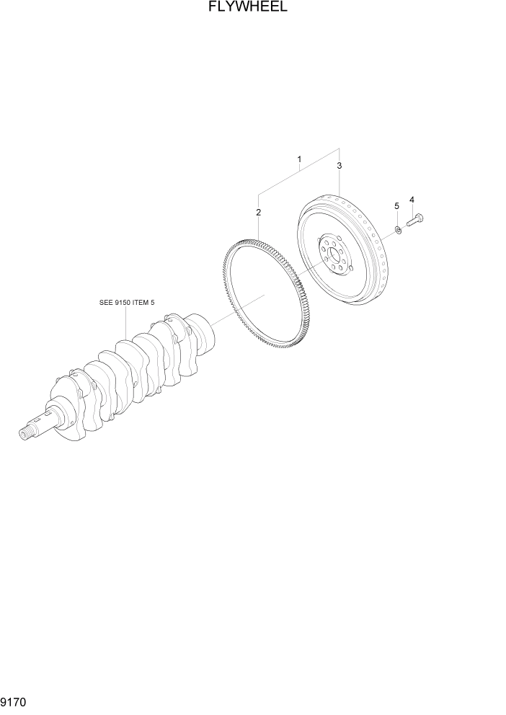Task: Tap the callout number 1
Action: click(298, 159)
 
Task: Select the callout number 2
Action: click(257, 212)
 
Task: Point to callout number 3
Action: click(339, 165)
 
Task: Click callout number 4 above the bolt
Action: click(412, 200)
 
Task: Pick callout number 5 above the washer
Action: click(396, 207)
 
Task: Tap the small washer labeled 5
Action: click(397, 231)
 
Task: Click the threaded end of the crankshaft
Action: click(29, 432)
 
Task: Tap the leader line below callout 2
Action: click(257, 227)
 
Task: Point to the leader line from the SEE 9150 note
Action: click(126, 321)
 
